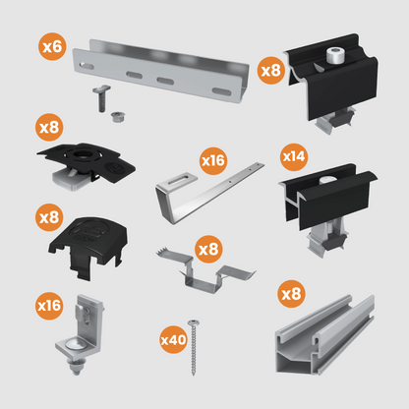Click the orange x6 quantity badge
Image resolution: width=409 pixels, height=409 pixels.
point(53,45)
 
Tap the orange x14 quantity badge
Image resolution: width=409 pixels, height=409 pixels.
point(294,155)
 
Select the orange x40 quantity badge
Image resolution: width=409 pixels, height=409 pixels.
point(174,339)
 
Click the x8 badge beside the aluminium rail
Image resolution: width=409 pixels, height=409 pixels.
point(291,293)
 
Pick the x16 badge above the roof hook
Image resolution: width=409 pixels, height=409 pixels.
point(213,158)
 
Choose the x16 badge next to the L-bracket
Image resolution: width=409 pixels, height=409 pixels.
point(51,306)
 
